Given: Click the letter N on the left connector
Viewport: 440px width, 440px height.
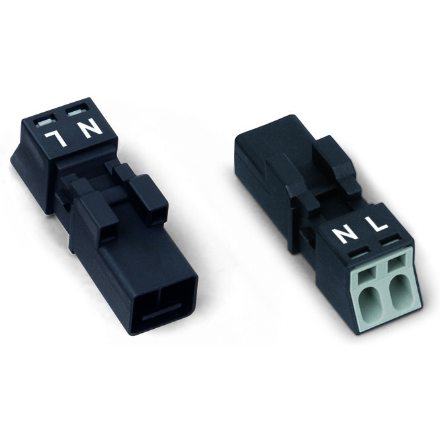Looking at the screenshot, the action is coord(91,128).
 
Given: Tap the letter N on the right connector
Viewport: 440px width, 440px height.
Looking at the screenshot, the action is coord(344,235).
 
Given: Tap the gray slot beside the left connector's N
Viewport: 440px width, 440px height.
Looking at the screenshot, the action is coord(77,112).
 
